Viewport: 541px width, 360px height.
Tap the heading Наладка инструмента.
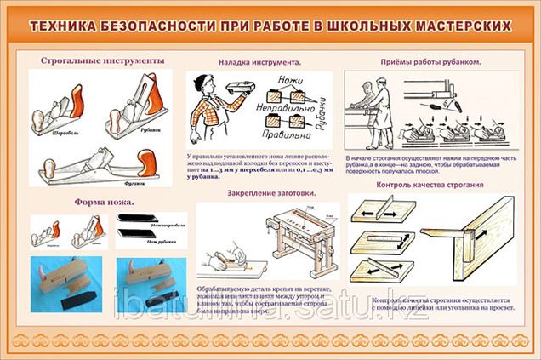[259, 63]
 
